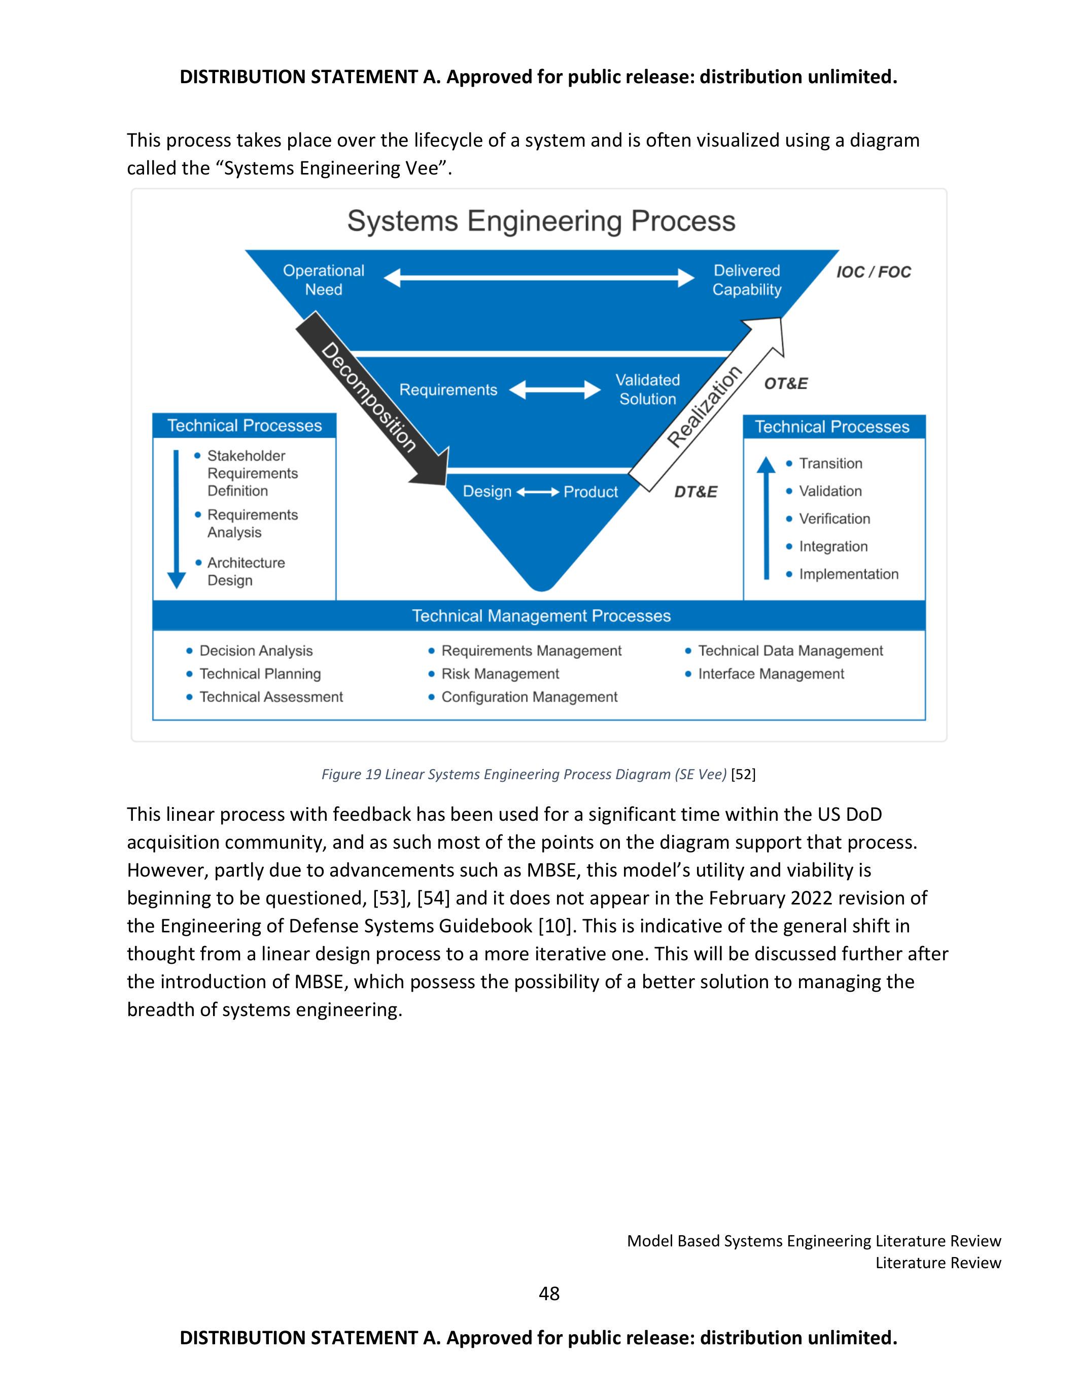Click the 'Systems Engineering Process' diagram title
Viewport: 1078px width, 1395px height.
point(541,222)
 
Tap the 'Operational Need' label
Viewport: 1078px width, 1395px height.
point(323,280)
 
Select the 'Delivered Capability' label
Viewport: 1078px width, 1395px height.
point(747,280)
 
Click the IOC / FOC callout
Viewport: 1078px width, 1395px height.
point(873,272)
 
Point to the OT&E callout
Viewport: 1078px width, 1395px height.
point(785,383)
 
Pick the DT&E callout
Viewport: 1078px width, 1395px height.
point(696,492)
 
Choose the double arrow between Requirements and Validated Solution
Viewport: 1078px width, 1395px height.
point(554,390)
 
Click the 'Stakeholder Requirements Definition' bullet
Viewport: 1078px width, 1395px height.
point(252,473)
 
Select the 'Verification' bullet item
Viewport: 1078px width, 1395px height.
point(834,518)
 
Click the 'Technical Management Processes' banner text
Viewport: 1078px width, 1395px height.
point(541,616)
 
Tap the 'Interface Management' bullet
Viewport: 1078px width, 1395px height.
point(770,674)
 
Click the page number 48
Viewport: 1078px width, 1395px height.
point(548,1294)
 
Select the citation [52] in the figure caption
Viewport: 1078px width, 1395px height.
point(743,774)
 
